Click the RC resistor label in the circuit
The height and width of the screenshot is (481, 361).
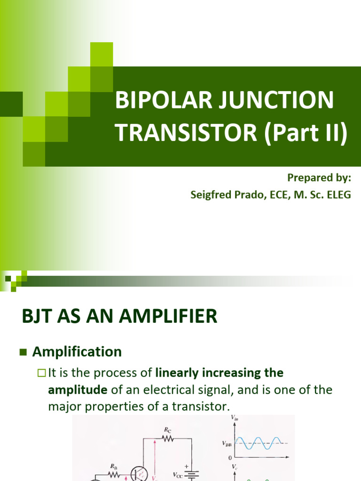point(167,429)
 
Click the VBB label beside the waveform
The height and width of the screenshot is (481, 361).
point(226,443)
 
